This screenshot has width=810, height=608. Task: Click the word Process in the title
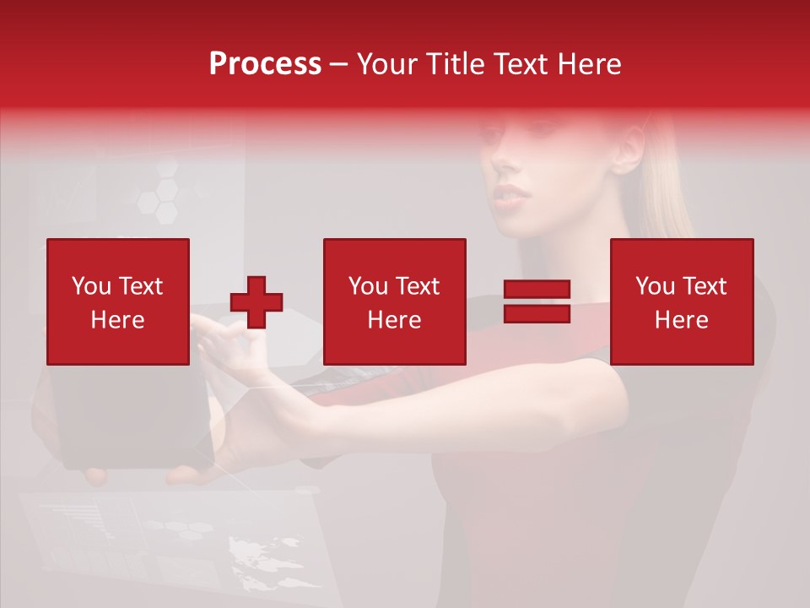point(265,64)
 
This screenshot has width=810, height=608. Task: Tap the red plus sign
point(256,302)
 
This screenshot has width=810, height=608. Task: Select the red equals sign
point(537,301)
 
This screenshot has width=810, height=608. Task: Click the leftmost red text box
point(118,301)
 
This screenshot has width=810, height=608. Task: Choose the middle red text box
point(394,301)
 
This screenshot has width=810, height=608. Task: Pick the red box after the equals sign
point(681,301)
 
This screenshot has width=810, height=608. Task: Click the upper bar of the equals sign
point(537,290)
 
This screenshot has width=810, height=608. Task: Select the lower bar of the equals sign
point(537,313)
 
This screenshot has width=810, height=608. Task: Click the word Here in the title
point(589,64)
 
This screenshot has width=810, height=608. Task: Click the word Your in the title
point(386,64)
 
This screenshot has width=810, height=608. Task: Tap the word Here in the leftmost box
point(118,319)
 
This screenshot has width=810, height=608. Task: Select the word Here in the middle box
point(394,319)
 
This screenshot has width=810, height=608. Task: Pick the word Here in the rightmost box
point(681,319)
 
